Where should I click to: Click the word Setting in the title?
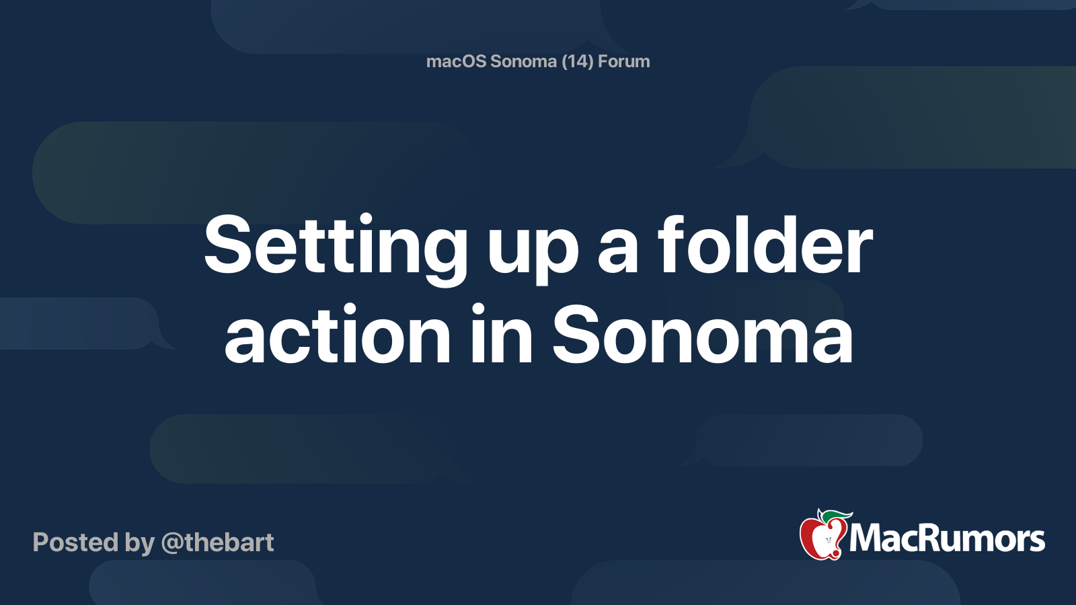point(336,246)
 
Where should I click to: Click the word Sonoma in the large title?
point(703,335)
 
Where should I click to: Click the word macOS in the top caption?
point(456,61)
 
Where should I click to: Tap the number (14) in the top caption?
point(577,61)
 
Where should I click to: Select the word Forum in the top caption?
point(624,61)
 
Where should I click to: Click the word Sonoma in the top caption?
point(524,61)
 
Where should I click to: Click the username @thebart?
point(217,542)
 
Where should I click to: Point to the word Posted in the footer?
point(75,542)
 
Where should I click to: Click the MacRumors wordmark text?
point(947,538)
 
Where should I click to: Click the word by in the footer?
point(139,543)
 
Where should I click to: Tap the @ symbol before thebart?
point(172,543)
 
